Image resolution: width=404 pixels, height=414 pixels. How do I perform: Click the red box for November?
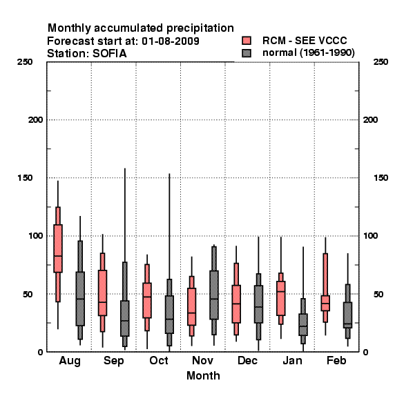[191, 306]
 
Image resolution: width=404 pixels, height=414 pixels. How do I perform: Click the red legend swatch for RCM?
[247, 41]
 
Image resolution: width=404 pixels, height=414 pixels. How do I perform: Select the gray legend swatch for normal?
[247, 53]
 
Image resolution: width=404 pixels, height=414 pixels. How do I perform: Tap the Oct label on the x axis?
[159, 360]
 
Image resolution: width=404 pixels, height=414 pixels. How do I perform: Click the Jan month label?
[292, 360]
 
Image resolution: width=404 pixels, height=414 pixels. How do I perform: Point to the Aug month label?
[70, 361]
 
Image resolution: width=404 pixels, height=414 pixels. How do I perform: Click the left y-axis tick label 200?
[35, 120]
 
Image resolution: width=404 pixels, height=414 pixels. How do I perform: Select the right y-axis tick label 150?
[381, 178]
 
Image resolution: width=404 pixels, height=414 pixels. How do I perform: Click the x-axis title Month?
[203, 375]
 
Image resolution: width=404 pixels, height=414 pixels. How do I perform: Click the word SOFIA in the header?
[110, 54]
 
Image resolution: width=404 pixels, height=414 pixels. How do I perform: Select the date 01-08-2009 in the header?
[171, 41]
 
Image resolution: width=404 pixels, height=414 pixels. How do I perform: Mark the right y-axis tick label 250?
[381, 62]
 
